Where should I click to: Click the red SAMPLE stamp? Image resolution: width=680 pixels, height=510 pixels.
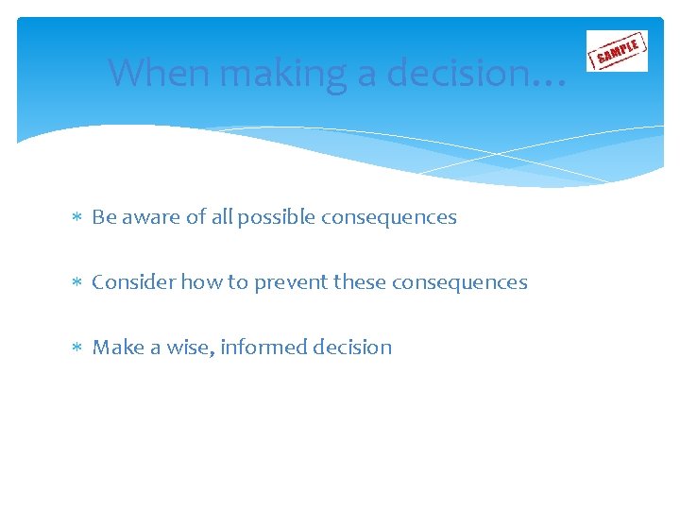pos(617,51)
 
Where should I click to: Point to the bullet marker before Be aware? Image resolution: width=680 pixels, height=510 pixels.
pos(78,218)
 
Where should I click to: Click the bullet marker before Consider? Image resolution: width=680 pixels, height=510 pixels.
pos(78,283)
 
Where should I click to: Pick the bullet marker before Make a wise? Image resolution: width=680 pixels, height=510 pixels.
pos(78,348)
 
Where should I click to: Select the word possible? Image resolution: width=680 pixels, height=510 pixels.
pos(276,217)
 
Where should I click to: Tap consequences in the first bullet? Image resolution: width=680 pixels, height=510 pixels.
pos(388,217)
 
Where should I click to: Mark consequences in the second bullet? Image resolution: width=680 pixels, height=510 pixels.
pos(459,282)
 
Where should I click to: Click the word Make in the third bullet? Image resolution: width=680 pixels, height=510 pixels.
pos(117,348)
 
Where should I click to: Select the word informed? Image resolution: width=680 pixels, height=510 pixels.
pos(264,348)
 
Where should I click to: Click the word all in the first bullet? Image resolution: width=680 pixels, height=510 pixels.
pos(222,217)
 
